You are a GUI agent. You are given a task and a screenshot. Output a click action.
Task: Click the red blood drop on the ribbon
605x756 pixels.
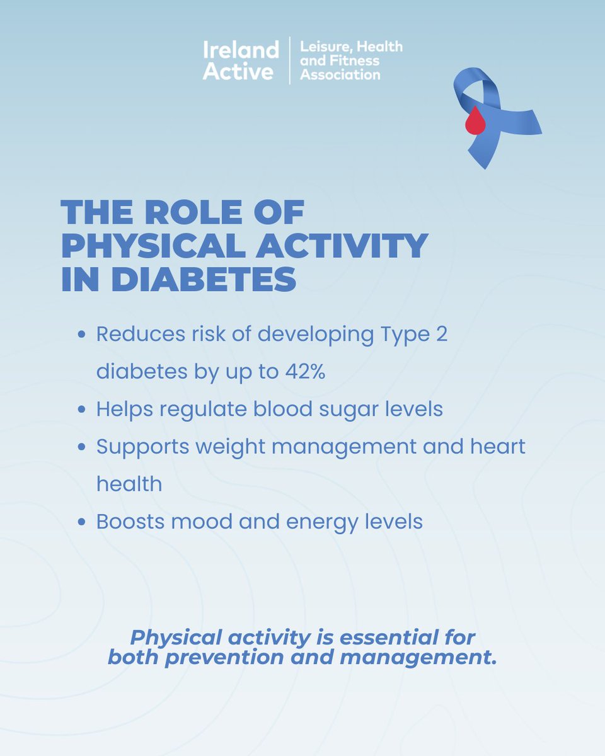(475, 121)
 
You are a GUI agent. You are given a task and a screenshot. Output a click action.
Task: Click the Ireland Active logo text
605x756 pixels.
(240, 60)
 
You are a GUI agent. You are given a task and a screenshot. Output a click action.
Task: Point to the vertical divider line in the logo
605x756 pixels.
(289, 60)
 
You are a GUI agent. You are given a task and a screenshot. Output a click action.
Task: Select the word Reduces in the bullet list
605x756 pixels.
(132, 335)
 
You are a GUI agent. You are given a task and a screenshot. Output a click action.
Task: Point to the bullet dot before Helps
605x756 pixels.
(81, 409)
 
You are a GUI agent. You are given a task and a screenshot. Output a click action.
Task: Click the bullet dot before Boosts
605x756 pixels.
(81, 522)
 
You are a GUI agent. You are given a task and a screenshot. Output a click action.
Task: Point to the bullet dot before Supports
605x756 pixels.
(81, 447)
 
